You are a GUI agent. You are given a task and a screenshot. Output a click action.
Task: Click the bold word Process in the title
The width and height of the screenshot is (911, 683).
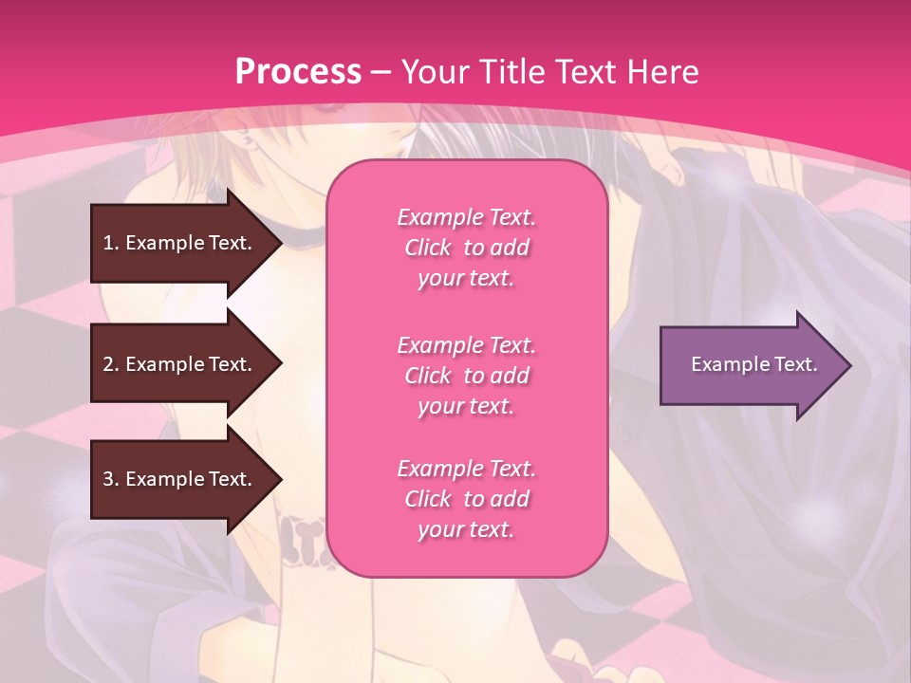(x=298, y=72)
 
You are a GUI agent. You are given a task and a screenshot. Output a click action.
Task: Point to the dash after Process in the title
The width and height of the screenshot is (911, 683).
(x=381, y=73)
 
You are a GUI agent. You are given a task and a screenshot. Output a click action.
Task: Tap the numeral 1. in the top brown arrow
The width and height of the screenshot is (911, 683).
(x=111, y=243)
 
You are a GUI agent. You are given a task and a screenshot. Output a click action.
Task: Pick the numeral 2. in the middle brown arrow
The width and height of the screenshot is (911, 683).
(x=111, y=364)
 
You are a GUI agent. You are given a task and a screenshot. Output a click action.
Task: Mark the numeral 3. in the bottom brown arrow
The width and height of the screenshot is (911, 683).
(x=111, y=479)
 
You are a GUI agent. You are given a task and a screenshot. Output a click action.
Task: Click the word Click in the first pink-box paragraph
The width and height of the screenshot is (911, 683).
(x=428, y=248)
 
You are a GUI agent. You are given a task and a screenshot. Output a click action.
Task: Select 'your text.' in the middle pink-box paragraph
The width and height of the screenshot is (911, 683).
(x=466, y=406)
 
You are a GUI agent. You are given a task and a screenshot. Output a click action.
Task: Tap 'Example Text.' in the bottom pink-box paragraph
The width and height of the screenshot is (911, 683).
(x=466, y=469)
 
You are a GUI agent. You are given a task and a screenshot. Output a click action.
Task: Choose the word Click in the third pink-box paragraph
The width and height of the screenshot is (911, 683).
(x=428, y=499)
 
